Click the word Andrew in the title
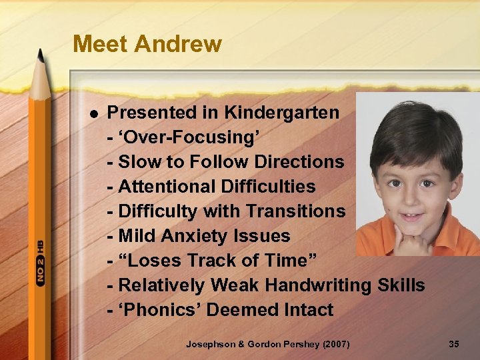tap(178, 44)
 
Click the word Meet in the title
tap(101, 44)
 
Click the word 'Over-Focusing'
tap(189, 137)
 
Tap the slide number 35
tap(454, 344)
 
